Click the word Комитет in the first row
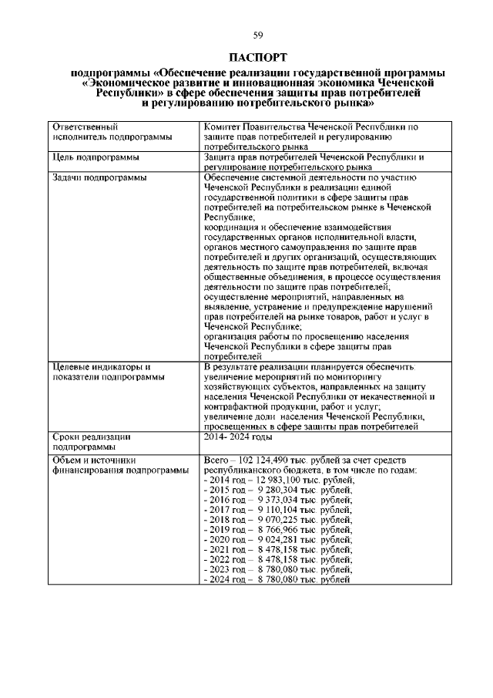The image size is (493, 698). [x=223, y=125]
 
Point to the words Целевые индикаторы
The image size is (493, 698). [x=99, y=367]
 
